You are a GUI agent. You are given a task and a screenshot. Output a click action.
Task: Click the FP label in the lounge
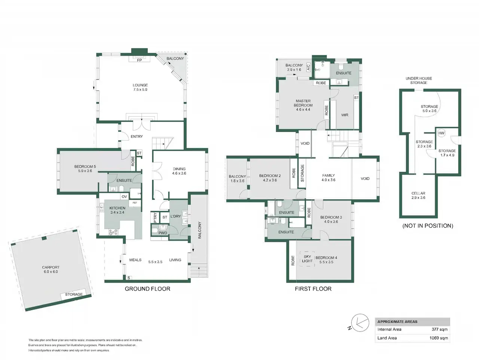tap(139, 60)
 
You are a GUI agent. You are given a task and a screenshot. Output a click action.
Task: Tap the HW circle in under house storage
tap(441, 133)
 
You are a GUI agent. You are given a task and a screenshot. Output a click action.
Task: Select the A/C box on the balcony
tap(309, 67)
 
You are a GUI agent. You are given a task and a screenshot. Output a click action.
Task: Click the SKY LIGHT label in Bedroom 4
tap(307, 259)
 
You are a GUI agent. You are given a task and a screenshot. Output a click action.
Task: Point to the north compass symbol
tap(360, 323)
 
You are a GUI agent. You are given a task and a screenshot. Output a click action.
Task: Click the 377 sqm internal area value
tap(439, 329)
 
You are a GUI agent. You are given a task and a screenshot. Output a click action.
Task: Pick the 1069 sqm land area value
tap(439, 338)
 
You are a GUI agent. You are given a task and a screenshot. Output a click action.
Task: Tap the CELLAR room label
tap(418, 193)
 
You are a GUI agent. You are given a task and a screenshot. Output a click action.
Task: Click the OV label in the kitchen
tap(124, 196)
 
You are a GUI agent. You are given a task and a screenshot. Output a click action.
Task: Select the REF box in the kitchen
tap(135, 203)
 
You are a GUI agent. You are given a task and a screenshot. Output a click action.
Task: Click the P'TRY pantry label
tap(155, 218)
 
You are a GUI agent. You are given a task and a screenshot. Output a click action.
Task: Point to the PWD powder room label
tap(162, 233)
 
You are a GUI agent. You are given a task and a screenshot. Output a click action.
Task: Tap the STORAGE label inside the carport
tap(74, 294)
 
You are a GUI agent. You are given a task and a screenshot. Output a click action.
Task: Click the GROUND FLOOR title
tap(147, 289)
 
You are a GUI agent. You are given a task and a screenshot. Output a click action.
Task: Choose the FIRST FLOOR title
tap(313, 289)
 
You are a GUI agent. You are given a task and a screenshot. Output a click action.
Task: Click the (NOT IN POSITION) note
tap(428, 226)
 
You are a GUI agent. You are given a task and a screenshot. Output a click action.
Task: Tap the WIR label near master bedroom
tap(345, 115)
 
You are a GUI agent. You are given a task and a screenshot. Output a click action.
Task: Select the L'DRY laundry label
tap(176, 216)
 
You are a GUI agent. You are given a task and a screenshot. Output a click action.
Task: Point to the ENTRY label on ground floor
tap(137, 136)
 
